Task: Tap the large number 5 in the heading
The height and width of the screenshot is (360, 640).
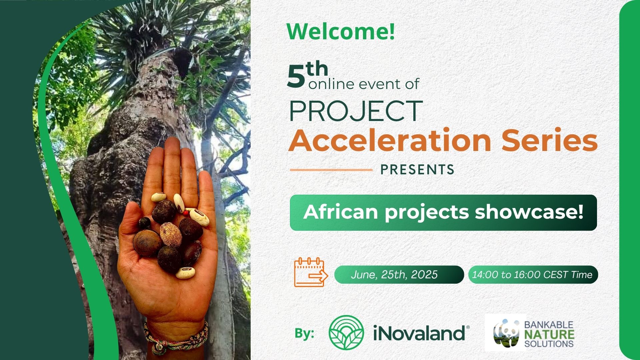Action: (x=296, y=76)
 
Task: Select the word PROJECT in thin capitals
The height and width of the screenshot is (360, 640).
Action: (x=356, y=111)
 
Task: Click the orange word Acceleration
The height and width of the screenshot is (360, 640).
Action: (x=390, y=140)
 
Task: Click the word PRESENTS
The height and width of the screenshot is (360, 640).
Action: (x=417, y=170)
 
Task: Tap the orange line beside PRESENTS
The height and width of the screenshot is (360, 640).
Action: (x=331, y=170)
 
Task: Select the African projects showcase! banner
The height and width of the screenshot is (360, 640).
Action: (x=443, y=213)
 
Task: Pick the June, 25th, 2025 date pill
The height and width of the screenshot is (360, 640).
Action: (x=399, y=275)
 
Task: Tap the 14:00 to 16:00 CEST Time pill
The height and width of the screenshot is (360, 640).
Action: (x=533, y=275)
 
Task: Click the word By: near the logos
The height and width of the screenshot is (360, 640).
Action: (x=304, y=333)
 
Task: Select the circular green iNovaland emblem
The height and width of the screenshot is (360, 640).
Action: (x=346, y=332)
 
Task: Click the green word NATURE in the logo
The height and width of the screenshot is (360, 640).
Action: (x=549, y=334)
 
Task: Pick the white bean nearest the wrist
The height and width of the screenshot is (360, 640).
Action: (x=185, y=272)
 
